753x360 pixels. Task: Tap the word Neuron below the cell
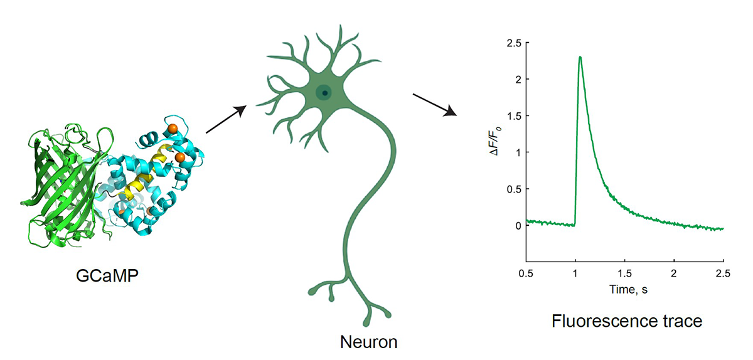pyautogui.click(x=368, y=342)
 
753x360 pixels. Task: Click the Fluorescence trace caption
pyautogui.click(x=626, y=322)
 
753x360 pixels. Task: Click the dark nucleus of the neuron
pyautogui.click(x=324, y=93)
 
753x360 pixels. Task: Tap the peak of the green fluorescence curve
pyautogui.click(x=580, y=57)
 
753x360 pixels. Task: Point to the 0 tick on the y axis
pyautogui.click(x=518, y=225)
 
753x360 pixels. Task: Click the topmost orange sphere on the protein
pyautogui.click(x=173, y=129)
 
